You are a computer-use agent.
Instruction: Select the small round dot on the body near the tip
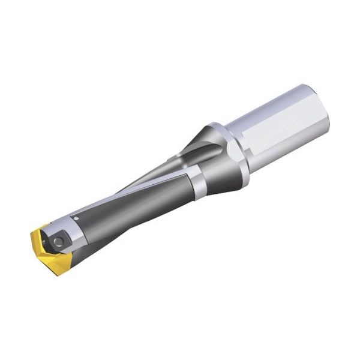pos(76,216)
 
